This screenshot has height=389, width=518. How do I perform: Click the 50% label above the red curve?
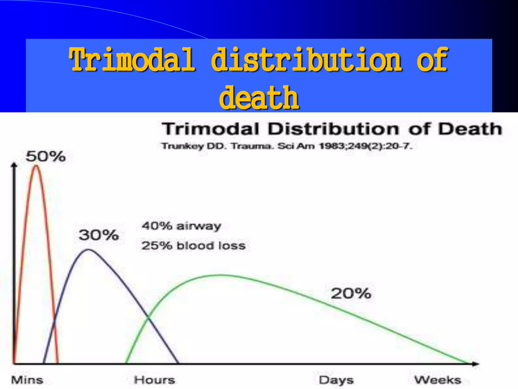(46, 156)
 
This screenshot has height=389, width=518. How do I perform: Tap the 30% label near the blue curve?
(99, 235)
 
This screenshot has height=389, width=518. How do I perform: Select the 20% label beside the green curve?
(351, 294)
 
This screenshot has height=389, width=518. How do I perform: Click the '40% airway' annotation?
(181, 226)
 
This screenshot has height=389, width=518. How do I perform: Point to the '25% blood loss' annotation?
(193, 246)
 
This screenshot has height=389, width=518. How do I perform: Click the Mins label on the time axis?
(27, 380)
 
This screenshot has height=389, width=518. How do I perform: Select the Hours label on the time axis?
(154, 380)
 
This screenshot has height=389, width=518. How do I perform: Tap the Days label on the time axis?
(336, 380)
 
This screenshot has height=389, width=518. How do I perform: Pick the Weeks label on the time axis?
(438, 380)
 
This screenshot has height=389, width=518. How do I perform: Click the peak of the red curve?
(36, 166)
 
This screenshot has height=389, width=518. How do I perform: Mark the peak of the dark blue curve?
(88, 250)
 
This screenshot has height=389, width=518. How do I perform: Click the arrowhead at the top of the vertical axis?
(14, 165)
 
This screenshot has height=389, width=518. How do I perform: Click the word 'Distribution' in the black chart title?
(333, 129)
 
